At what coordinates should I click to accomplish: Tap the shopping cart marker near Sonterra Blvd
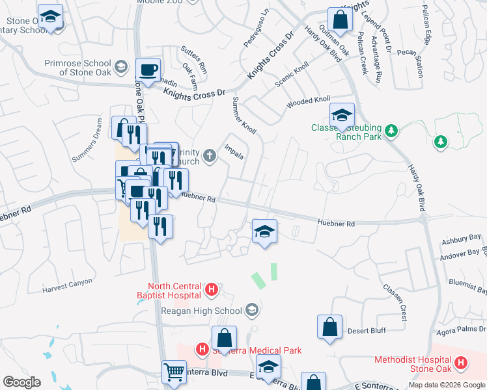174,372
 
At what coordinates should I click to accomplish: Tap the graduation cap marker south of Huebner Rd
264,231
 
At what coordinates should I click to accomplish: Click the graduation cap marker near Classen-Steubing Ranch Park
342,115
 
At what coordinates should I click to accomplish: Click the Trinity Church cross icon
209,155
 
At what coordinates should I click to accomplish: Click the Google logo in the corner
21,382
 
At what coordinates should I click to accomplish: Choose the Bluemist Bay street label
468,283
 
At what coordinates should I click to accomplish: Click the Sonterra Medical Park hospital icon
202,350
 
